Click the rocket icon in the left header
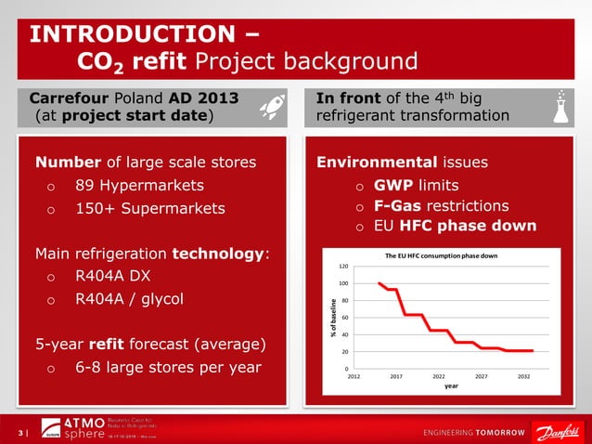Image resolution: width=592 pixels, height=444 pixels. click(x=270, y=107)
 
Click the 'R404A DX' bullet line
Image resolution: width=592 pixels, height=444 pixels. click(x=112, y=276)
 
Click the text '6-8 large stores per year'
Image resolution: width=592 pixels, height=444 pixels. click(x=168, y=367)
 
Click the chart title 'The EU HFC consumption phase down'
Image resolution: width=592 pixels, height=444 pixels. click(x=441, y=255)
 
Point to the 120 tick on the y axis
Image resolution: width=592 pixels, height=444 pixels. click(x=343, y=266)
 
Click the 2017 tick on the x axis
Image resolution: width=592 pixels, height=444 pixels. click(x=396, y=377)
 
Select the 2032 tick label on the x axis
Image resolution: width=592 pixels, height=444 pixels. click(x=524, y=377)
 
